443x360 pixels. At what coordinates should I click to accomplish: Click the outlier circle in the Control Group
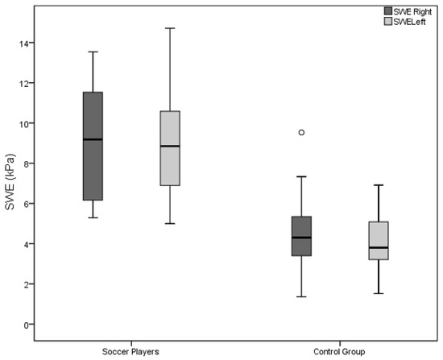tap(301, 132)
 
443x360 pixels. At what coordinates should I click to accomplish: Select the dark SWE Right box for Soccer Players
tap(93, 146)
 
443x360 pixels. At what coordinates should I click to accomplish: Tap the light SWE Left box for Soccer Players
tap(170, 148)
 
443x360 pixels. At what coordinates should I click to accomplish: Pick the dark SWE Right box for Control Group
tap(301, 236)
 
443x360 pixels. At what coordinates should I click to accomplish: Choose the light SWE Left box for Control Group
tap(379, 241)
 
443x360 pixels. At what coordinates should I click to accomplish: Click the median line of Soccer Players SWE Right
tap(93, 139)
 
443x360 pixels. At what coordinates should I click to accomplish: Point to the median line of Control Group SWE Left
tap(379, 247)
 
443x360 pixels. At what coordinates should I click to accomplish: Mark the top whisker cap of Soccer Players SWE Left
tap(170, 28)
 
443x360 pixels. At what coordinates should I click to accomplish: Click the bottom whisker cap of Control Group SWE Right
tap(301, 296)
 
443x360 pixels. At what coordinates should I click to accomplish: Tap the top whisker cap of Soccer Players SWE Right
tap(93, 52)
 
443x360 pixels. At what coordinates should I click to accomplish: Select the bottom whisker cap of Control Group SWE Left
tap(379, 294)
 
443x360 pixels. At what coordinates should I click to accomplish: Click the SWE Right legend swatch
tap(388, 11)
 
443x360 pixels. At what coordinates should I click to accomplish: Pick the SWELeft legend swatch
tap(388, 22)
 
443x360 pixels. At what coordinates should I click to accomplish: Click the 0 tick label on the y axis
tap(26, 325)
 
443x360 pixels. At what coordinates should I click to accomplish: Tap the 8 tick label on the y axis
tap(26, 164)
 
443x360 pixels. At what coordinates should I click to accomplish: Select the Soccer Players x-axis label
tap(130, 352)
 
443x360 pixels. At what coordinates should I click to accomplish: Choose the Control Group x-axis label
tap(339, 352)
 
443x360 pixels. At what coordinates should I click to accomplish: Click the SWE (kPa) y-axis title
tap(10, 182)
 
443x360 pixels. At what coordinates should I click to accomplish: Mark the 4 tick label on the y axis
tap(26, 244)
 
